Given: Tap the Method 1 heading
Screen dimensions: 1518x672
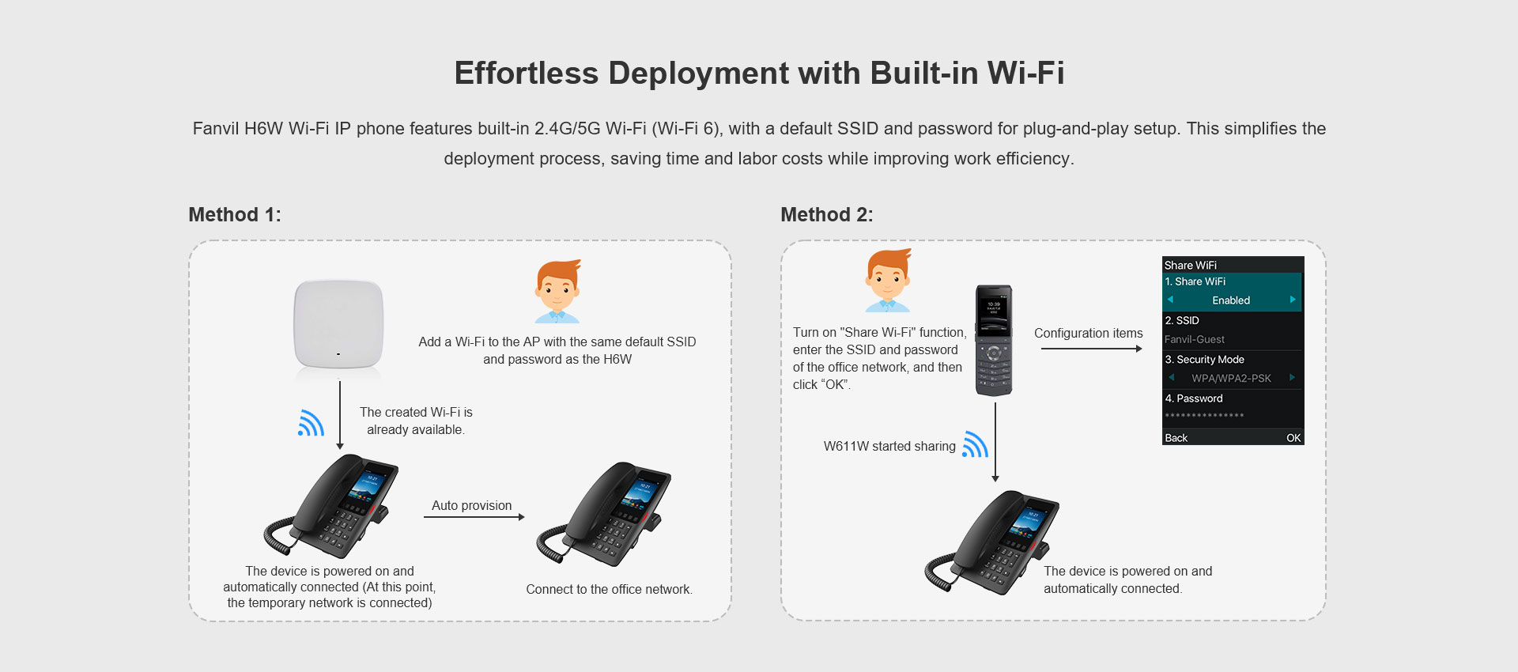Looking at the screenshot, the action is coord(235,215).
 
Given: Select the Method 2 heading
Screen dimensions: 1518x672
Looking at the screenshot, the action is coord(827,215).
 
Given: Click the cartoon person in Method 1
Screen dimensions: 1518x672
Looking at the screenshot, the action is coord(557,291).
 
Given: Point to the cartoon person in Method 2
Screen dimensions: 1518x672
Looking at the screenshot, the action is coord(887,281).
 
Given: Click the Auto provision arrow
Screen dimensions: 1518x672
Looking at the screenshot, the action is coord(474,517).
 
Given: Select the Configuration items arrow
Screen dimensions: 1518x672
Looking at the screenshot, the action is coord(1092,349).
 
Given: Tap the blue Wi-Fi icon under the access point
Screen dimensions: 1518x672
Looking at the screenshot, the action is coord(311,423).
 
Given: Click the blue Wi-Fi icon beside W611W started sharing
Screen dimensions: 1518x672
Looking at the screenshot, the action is coord(975,444).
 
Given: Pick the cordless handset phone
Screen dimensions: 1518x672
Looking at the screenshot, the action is coord(994,340).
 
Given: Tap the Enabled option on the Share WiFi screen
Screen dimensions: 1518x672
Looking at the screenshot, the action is coord(1231,300).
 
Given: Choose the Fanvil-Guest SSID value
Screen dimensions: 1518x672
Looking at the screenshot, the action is coord(1195,339).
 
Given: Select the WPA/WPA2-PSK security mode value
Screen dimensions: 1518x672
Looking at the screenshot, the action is coord(1231,378).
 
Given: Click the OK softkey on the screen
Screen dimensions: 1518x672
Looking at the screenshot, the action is coord(1293,438).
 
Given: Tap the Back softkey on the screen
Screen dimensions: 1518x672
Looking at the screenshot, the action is coord(1176,438).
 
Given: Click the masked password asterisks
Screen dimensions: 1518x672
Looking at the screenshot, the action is coord(1204,416).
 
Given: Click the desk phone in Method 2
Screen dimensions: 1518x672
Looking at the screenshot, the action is coord(991,542).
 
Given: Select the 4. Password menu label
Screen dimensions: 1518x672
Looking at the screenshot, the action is coord(1194,398).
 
